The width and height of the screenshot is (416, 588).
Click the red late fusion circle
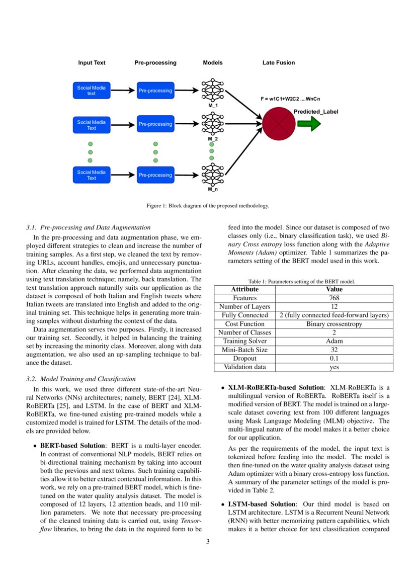278,124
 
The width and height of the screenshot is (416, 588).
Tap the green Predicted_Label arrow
308,123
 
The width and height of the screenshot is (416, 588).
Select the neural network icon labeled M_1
213,91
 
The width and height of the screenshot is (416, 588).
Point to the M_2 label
213,138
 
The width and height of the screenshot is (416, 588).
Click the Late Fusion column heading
279,63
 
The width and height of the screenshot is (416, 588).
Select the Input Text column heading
92,63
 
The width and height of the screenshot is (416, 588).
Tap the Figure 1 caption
208,205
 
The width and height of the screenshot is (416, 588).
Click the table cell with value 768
334,298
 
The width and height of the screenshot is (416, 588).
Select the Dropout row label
244,359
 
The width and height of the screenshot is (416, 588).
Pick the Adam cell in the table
334,341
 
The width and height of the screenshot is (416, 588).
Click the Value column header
334,289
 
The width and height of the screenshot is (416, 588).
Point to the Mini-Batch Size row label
244,350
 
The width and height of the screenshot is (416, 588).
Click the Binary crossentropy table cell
334,324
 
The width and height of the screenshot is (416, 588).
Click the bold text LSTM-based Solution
262,504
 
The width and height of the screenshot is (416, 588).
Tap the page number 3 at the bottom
208,542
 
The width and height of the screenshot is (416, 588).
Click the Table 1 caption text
302,282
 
